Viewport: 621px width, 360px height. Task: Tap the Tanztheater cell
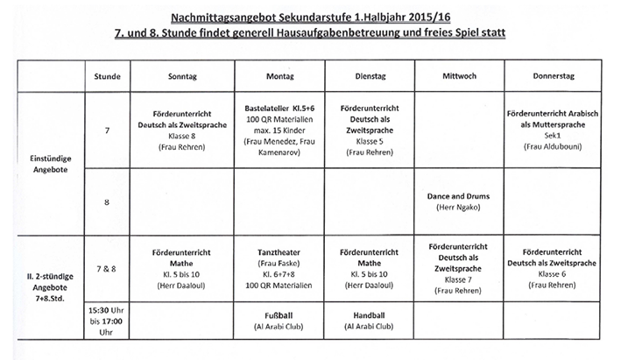[x=279, y=268]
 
